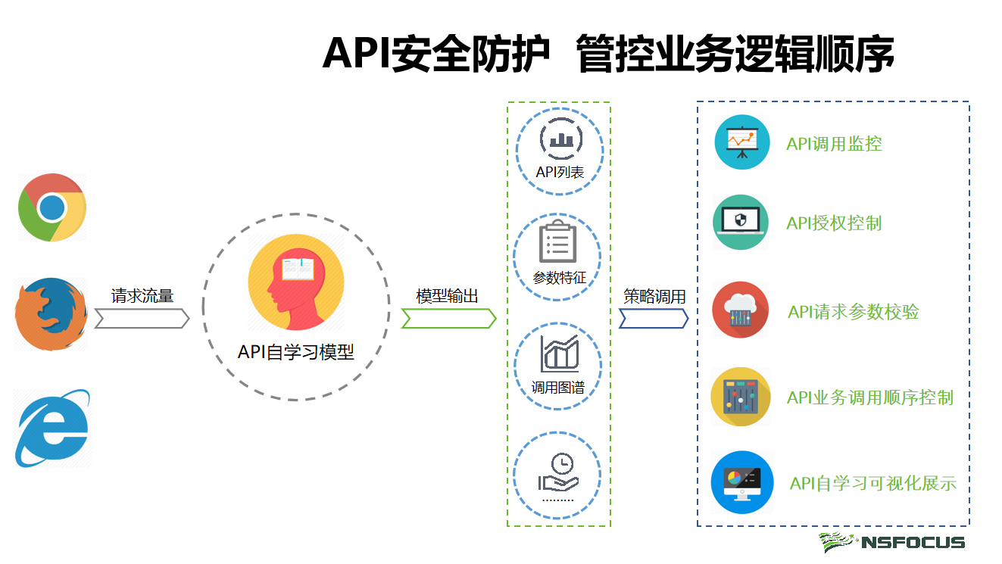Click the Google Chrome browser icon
pyautogui.click(x=52, y=207)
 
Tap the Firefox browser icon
pyautogui.click(x=51, y=313)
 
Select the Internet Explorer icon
pyautogui.click(x=52, y=428)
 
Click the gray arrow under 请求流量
pyautogui.click(x=142, y=319)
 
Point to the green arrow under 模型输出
pyautogui.click(x=448, y=319)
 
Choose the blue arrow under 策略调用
pyautogui.click(x=654, y=319)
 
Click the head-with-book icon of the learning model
pyautogui.click(x=296, y=284)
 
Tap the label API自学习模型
pyautogui.click(x=296, y=352)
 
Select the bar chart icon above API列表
pyautogui.click(x=560, y=139)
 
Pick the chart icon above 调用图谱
pyautogui.click(x=560, y=354)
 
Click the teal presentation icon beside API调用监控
pyautogui.click(x=742, y=142)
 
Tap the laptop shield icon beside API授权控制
pyautogui.click(x=741, y=223)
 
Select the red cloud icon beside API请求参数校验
pyautogui.click(x=741, y=310)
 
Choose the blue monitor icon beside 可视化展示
pyautogui.click(x=742, y=482)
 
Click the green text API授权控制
pyautogui.click(x=834, y=223)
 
